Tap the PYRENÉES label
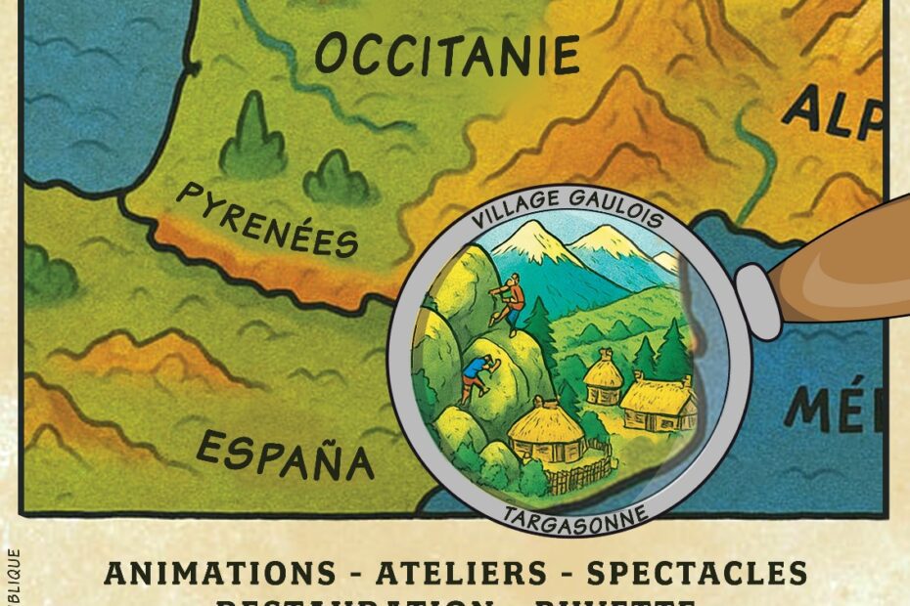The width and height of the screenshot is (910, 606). coord(266,222)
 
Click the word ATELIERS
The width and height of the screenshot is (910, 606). coord(444,573)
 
